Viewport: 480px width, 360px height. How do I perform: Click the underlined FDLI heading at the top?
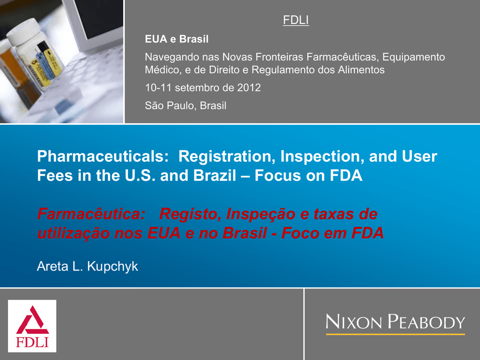296,20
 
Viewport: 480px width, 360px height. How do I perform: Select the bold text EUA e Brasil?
177,39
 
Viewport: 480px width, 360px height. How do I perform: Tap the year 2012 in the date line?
249,88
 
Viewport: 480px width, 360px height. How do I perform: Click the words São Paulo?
171,105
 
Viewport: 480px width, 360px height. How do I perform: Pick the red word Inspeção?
261,214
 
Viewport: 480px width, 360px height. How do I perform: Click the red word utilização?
74,233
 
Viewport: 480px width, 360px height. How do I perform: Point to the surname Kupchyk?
112,266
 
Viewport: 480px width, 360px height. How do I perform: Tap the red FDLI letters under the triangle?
32,342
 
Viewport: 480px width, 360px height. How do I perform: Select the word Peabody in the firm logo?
427,322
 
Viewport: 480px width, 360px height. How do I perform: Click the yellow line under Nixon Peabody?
395,334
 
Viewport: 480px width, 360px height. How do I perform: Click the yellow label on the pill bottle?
51,62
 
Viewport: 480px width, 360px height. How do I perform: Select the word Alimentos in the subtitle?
361,70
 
